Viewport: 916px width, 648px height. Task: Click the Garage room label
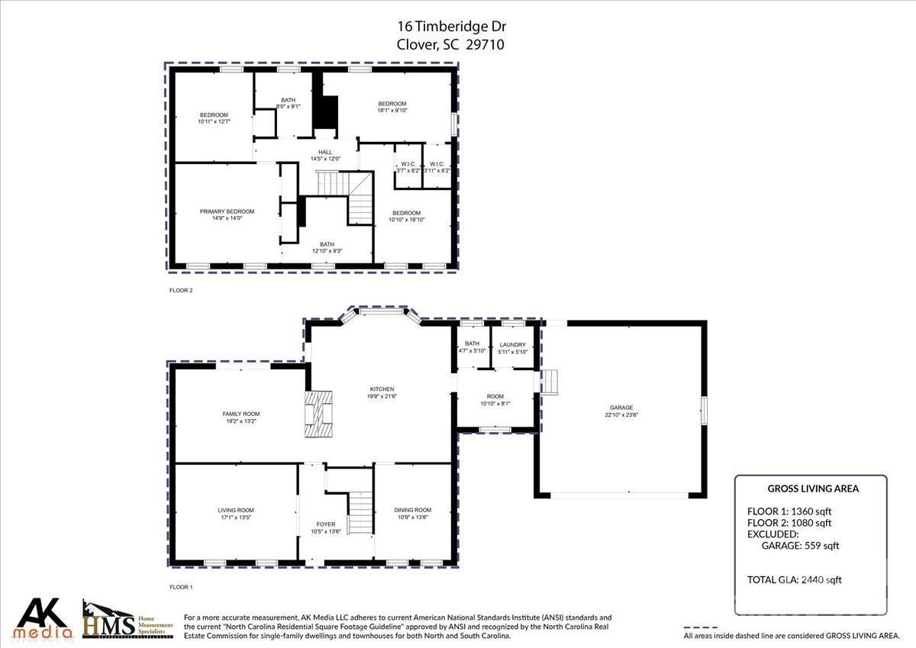(621, 408)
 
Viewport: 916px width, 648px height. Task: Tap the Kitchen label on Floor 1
(382, 388)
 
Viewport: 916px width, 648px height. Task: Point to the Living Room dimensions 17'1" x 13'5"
(236, 518)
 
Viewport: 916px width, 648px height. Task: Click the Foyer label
(325, 524)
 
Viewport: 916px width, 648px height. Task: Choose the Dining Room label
(412, 510)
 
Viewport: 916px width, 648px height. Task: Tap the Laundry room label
(511, 344)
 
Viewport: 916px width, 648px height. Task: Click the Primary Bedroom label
(227, 211)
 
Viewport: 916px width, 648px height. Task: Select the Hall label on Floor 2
(325, 152)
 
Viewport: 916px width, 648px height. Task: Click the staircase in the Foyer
(360, 513)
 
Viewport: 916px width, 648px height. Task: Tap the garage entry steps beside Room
(550, 382)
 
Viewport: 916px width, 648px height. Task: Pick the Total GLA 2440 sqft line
(794, 580)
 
